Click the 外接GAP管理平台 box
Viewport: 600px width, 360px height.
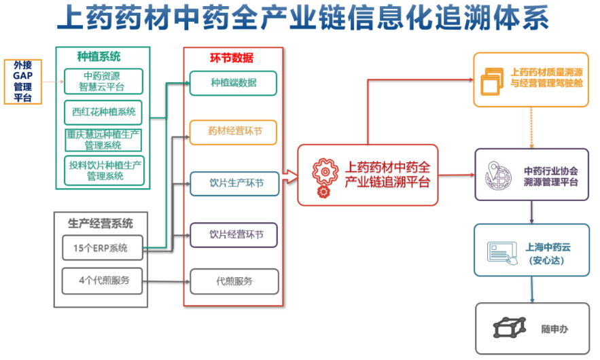23,82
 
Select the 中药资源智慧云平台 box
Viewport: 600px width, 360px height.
103,81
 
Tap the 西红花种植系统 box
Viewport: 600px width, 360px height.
103,112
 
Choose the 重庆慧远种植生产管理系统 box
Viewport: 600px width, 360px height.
103,140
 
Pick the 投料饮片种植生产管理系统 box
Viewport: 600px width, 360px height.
104,170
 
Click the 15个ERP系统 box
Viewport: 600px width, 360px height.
103,248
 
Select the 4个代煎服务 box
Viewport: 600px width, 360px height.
103,281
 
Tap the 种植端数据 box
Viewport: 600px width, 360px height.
234,83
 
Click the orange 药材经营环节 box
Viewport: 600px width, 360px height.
234,132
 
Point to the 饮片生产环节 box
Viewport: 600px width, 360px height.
234,183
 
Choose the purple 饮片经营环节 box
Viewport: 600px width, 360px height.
234,235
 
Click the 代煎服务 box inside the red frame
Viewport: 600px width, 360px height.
234,282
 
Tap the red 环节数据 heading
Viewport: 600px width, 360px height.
232,58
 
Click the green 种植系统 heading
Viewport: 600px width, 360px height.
99,56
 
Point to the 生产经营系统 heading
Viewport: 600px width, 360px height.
101,223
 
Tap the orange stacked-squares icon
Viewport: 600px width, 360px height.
492,82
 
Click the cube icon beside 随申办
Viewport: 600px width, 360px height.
510,327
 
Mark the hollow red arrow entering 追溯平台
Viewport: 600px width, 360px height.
290,177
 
